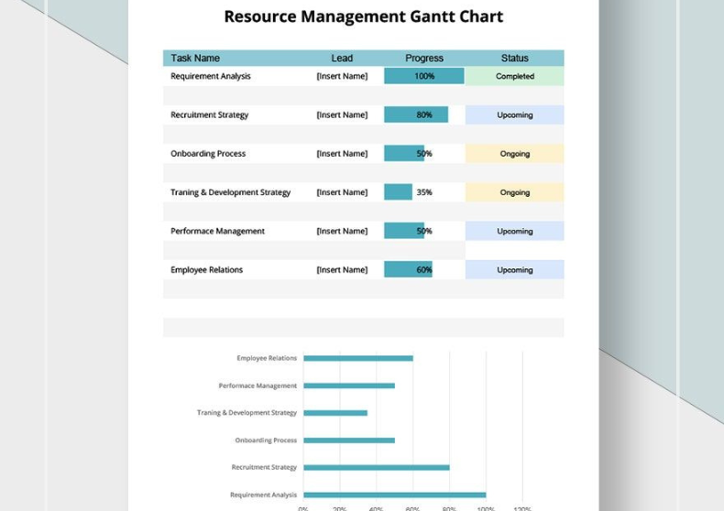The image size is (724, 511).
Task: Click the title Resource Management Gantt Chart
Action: click(363, 16)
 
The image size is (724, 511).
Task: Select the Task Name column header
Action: click(195, 58)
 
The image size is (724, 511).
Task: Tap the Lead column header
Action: click(342, 58)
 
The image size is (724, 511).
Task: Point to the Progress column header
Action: click(424, 58)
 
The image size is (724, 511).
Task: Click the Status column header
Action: click(515, 58)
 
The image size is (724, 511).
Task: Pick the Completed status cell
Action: click(515, 76)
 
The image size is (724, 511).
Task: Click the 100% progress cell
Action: click(424, 76)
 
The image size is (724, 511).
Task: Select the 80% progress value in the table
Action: click(424, 114)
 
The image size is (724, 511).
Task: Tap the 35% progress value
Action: click(424, 192)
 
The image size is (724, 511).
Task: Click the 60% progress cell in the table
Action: click(424, 270)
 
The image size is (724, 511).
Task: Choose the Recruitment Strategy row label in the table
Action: click(209, 114)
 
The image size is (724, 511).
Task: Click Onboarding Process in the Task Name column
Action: click(208, 154)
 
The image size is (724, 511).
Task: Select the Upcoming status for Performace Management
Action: click(515, 232)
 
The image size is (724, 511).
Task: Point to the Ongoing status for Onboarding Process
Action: click(515, 154)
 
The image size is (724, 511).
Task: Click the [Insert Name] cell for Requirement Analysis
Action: click(342, 76)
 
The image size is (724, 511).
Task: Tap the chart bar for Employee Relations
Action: click(358, 358)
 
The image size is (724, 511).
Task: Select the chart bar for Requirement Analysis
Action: click(395, 495)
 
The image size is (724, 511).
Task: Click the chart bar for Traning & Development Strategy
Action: click(335, 413)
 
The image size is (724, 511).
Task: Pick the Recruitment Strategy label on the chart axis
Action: click(264, 467)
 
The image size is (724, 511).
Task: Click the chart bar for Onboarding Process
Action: click(349, 440)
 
